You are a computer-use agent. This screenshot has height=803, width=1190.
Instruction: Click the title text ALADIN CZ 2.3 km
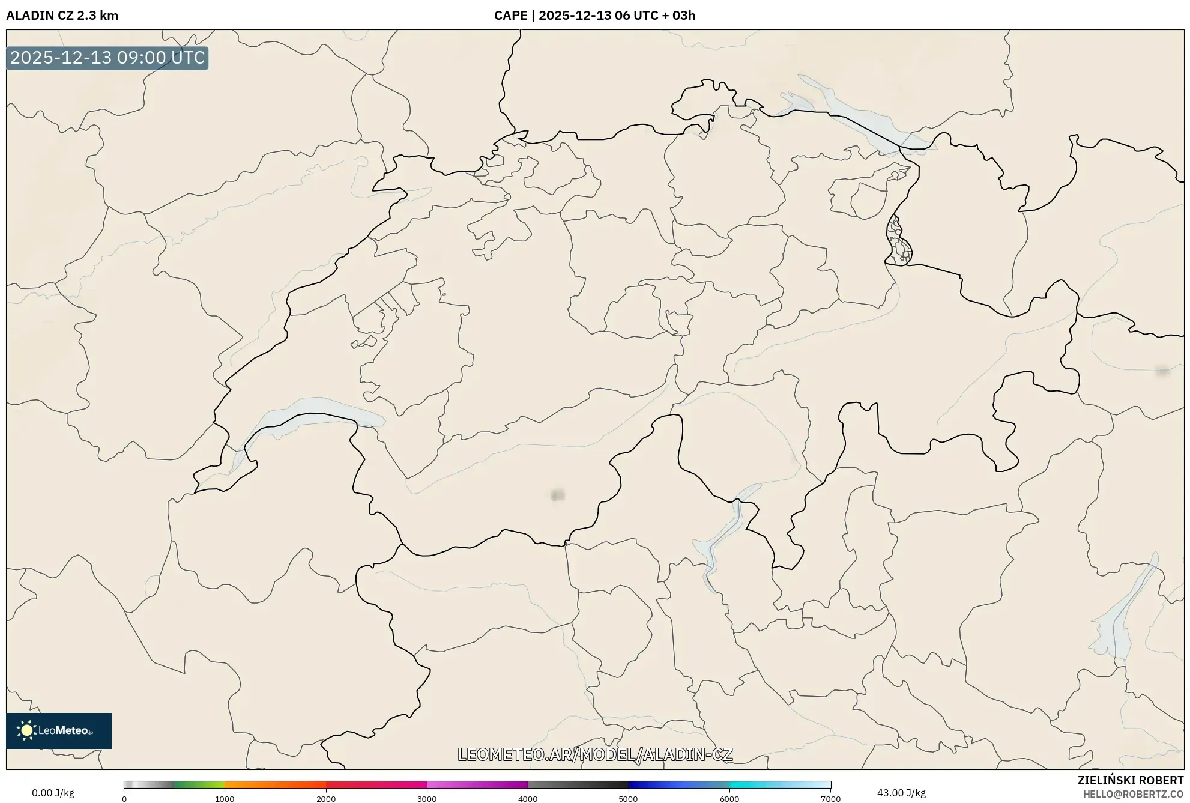[62, 16]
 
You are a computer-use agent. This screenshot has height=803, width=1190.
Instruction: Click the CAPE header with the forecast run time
[594, 16]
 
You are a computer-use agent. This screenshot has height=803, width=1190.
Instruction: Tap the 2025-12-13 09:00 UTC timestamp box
[107, 58]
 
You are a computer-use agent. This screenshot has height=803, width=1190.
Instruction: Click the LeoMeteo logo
[59, 730]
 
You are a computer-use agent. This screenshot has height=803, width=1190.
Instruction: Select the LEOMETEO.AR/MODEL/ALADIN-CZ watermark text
[595, 754]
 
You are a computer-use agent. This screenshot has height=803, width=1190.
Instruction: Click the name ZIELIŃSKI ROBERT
[1130, 780]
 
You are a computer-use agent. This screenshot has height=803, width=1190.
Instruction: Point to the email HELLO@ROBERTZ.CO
[1133, 794]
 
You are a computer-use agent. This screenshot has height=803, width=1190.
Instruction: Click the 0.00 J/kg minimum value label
[53, 793]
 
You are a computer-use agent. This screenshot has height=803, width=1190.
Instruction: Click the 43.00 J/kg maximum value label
[901, 793]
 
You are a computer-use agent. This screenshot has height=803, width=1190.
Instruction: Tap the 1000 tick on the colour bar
[225, 799]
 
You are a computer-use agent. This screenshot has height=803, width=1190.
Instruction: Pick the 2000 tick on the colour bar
[326, 799]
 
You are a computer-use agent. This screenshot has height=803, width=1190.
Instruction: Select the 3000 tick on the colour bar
[427, 799]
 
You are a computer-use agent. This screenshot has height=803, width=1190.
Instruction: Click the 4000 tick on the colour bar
[528, 799]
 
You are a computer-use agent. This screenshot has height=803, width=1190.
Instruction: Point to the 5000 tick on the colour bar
[628, 799]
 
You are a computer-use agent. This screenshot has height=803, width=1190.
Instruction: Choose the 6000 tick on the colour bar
[729, 799]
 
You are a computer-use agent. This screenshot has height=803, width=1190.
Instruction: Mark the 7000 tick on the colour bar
[830, 799]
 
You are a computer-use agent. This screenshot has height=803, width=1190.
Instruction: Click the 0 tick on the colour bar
[124, 799]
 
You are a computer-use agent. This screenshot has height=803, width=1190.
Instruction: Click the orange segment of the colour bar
[264, 785]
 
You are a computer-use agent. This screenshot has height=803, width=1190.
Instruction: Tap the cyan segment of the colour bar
[763, 785]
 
